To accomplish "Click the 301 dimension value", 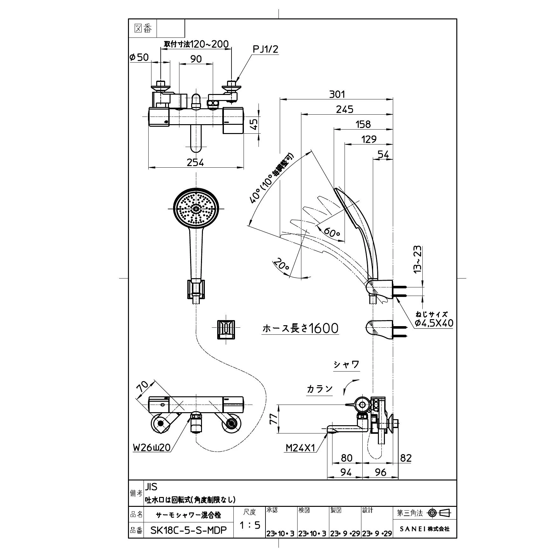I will (336, 94).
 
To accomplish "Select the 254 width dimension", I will (195, 162).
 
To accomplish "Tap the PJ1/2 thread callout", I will (265, 49).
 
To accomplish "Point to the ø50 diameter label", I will (139, 57).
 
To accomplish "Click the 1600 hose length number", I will (324, 328).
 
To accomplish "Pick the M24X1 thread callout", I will (300, 448).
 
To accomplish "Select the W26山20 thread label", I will (151, 447).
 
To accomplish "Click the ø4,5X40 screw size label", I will (434, 323).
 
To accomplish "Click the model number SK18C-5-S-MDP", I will (189, 531).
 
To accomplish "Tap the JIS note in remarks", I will (151, 487).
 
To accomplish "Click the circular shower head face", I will (196, 209).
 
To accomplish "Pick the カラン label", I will (319, 389).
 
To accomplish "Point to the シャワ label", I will (346, 365).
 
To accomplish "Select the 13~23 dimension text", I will (417, 259).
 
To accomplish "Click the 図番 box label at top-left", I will (143, 29).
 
